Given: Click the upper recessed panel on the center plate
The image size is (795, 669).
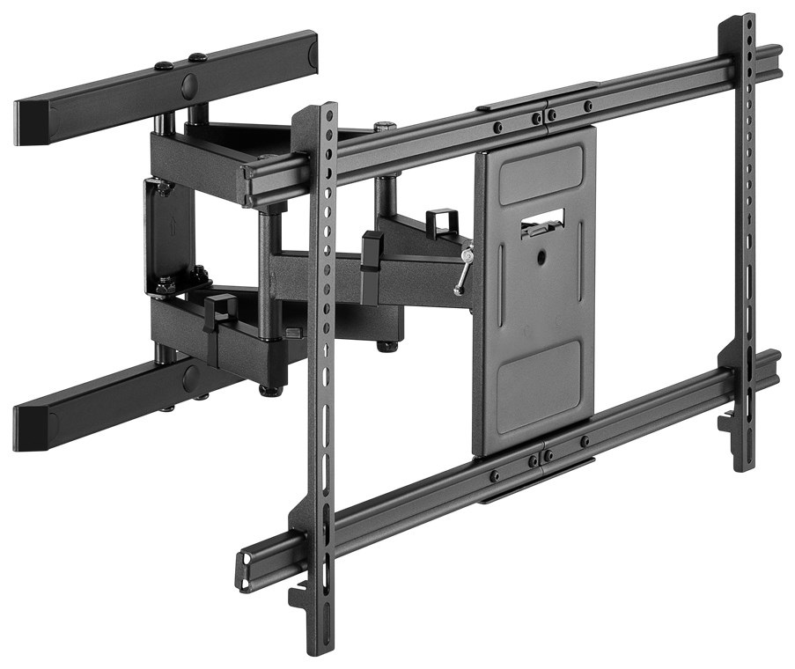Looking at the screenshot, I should click(539, 175).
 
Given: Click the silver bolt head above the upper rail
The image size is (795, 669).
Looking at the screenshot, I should click(385, 127).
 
